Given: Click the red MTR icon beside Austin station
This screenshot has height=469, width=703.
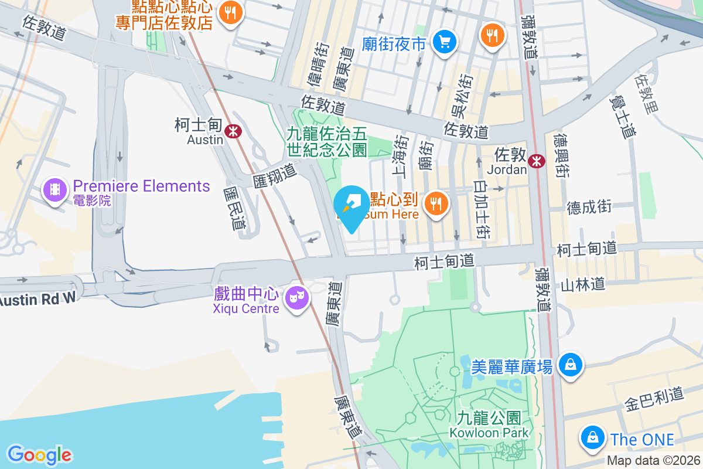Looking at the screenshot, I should tap(233, 131).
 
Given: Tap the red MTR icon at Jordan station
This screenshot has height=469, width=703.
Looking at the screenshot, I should tap(536, 161).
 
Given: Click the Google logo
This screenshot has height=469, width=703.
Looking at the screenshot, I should tap(39, 454).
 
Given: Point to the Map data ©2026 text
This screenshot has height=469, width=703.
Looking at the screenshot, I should tap(653, 461).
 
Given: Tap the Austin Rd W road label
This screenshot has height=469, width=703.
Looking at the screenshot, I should tap(38, 298).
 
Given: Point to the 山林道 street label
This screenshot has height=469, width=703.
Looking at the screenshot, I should tap(582, 285).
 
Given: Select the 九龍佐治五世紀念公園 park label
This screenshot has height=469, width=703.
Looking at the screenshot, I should tap(326, 141).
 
